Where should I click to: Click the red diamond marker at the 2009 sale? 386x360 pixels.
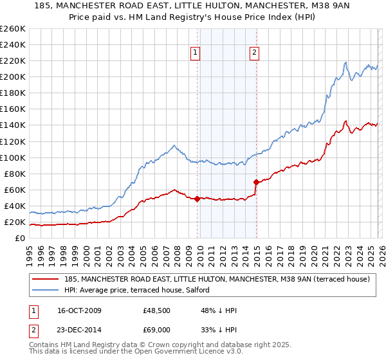[197, 199]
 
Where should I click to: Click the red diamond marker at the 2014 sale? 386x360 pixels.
[256, 182]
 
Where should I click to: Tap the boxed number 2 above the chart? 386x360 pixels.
[255, 53]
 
